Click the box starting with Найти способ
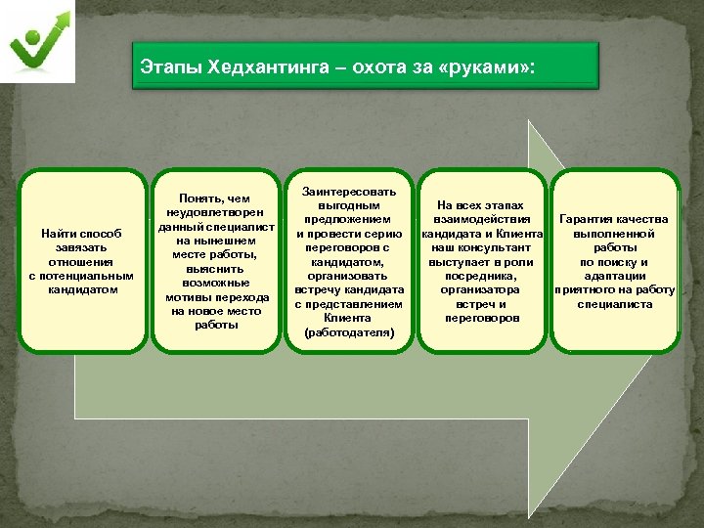tap(82, 261)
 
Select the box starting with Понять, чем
tap(214, 261)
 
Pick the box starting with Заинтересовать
tap(349, 261)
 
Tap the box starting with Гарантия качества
tap(615, 261)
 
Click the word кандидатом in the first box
tap(82, 289)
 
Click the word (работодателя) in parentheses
tap(349, 332)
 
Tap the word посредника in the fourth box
tap(480, 276)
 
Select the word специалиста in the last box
tap(615, 304)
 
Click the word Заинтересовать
tap(349, 191)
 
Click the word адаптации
tap(615, 276)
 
